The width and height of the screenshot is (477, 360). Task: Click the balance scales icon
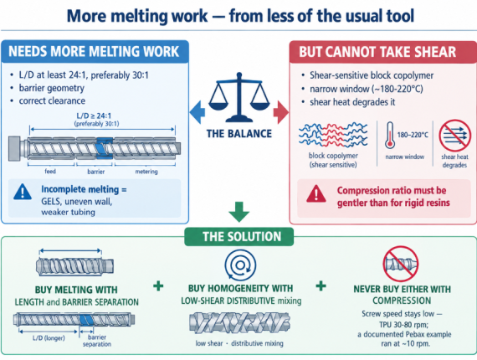click(x=239, y=97)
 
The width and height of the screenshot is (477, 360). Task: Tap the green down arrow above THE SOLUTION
click(x=239, y=212)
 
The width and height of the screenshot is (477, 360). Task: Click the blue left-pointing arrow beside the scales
click(x=197, y=112)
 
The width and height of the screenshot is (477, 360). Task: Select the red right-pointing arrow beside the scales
click(x=281, y=112)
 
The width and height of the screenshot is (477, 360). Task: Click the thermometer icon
click(x=390, y=136)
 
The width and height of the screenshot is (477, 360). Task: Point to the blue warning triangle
click(x=23, y=192)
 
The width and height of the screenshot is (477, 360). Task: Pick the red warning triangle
click(x=316, y=194)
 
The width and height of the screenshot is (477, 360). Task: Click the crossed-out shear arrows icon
click(x=454, y=136)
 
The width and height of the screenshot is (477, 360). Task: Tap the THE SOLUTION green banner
click(x=239, y=236)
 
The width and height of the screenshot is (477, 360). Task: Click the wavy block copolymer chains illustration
click(x=333, y=135)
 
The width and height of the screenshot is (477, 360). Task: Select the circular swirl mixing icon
click(x=240, y=265)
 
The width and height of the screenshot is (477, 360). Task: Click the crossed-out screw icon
click(x=401, y=265)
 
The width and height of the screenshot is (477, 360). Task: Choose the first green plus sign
click(x=158, y=285)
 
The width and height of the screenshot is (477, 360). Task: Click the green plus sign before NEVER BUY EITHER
click(x=321, y=285)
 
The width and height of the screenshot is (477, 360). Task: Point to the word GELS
click(x=51, y=202)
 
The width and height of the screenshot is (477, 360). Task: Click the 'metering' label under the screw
click(x=146, y=172)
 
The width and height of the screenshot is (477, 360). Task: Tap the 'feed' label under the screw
click(x=50, y=172)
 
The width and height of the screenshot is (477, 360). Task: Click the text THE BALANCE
click(x=239, y=134)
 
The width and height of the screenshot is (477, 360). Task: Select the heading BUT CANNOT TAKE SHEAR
click(x=377, y=52)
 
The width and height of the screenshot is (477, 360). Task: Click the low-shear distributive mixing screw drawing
click(x=239, y=322)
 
